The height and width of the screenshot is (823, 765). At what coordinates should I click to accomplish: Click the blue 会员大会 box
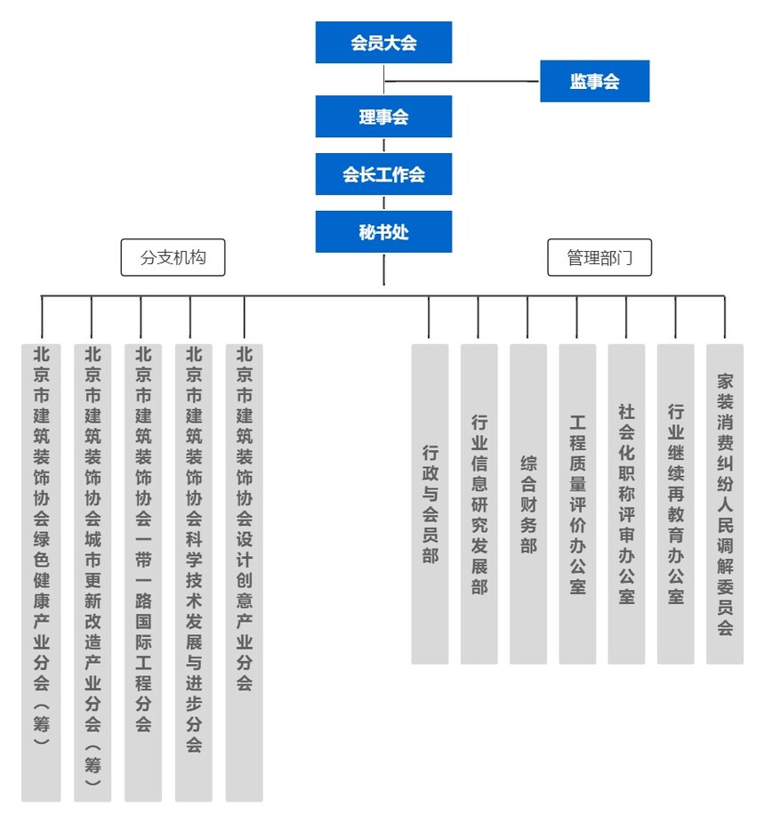383,43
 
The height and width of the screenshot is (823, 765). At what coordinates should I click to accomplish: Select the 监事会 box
594,82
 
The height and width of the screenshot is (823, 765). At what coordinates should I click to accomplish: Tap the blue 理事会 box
383,117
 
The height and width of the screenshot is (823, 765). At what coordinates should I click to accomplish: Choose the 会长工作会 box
383,174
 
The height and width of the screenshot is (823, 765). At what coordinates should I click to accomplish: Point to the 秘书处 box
383,231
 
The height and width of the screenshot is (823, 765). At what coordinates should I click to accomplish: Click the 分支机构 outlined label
173,257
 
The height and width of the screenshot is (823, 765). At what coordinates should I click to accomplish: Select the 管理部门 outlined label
600,257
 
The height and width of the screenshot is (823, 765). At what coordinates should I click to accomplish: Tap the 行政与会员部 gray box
430,504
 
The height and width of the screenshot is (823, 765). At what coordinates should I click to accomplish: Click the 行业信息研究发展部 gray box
479,504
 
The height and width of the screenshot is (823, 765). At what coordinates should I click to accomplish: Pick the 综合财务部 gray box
528,504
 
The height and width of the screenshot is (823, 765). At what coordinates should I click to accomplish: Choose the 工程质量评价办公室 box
577,504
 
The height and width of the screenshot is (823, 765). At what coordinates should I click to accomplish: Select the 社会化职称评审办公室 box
626,504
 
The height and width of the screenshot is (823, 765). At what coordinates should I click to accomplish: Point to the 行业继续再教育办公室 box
676,504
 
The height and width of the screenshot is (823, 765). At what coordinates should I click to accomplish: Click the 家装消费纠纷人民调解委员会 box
725,504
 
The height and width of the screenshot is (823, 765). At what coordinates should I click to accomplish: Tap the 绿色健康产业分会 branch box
41,572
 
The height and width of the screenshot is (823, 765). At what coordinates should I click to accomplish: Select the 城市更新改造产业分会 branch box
93,572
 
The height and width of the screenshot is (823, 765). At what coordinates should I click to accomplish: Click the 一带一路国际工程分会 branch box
143,572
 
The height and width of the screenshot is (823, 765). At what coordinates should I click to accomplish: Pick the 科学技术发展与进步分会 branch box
193,572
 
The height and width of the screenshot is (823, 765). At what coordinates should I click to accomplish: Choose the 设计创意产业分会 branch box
244,572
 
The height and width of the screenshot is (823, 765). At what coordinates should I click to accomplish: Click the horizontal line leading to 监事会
463,82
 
